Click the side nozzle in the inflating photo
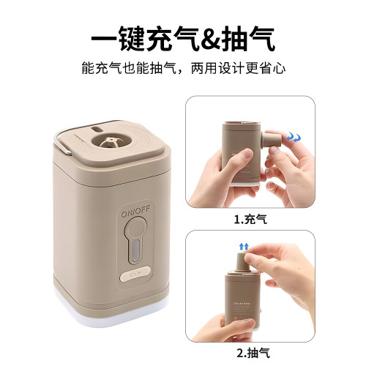[272, 141]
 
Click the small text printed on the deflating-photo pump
[245, 307]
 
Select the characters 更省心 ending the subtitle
[266, 69]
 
